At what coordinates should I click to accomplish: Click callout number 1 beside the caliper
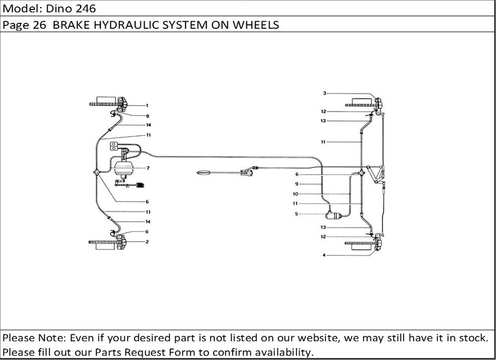click(x=147, y=106)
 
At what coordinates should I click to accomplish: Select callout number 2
click(x=147, y=242)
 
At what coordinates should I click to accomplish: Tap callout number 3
click(x=324, y=93)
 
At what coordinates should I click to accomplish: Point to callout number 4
click(x=324, y=255)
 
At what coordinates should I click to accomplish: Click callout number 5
click(x=324, y=215)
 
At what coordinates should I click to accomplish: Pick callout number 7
click(x=148, y=168)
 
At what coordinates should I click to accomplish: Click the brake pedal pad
click(x=138, y=185)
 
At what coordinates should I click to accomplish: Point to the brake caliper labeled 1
click(x=122, y=104)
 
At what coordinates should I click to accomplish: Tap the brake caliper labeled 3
click(x=378, y=103)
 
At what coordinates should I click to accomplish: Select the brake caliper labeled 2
click(x=122, y=243)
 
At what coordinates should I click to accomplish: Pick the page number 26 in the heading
click(x=39, y=25)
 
